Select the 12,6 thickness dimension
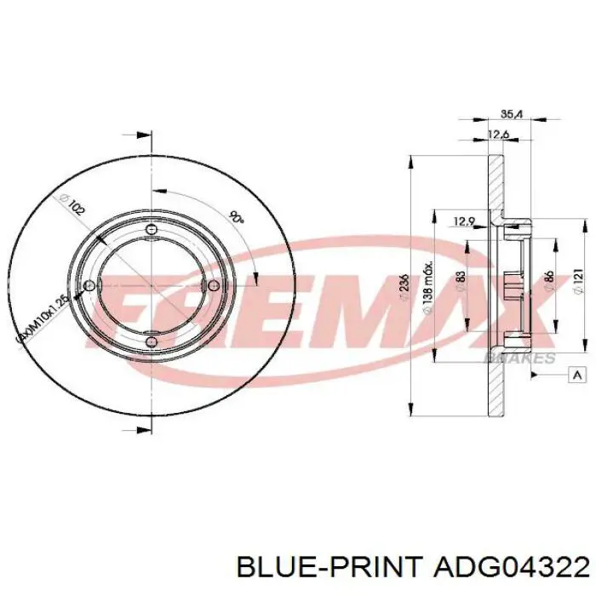pyautogui.click(x=499, y=134)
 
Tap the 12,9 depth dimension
pyautogui.click(x=463, y=222)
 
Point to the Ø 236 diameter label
pyautogui.click(x=404, y=281)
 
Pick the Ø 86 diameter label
pyautogui.click(x=548, y=280)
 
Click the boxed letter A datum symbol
pyautogui.click(x=577, y=375)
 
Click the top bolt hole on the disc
pyautogui.click(x=152, y=230)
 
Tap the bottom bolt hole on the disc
pyautogui.click(x=150, y=343)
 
